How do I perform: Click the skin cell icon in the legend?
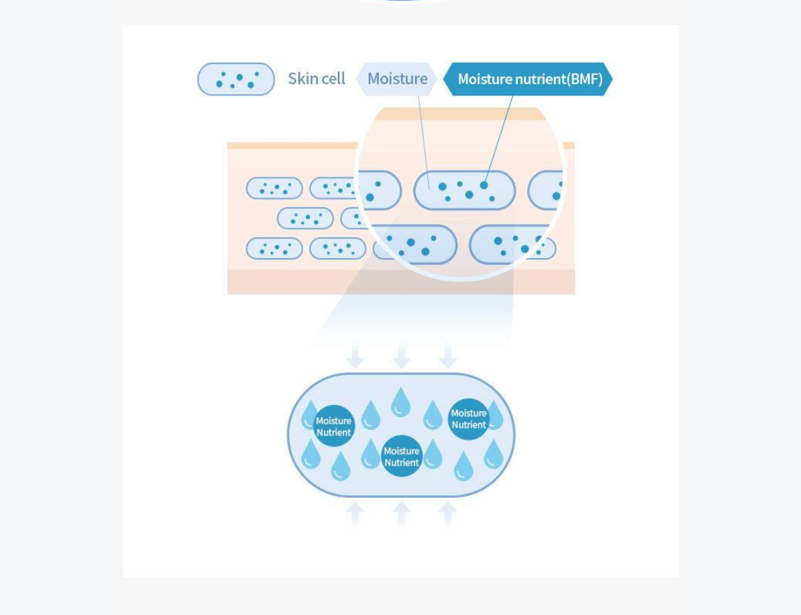pyautogui.click(x=236, y=79)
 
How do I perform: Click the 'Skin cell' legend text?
pyautogui.click(x=317, y=79)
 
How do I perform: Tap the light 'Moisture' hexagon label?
pyautogui.click(x=397, y=79)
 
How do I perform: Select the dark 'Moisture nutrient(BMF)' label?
pyautogui.click(x=528, y=79)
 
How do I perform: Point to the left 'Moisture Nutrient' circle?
pyautogui.click(x=334, y=426)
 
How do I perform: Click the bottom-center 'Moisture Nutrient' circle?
pyautogui.click(x=401, y=456)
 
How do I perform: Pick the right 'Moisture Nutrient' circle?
pyautogui.click(x=469, y=419)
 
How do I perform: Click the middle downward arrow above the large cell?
pyautogui.click(x=401, y=356)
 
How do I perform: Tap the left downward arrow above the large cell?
pyautogui.click(x=355, y=356)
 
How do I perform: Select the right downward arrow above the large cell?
pyautogui.click(x=448, y=356)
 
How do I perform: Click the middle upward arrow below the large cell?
pyautogui.click(x=401, y=513)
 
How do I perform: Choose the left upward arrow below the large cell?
pyautogui.click(x=355, y=513)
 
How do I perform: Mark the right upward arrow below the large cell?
pyautogui.click(x=448, y=513)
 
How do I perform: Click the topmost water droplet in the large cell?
pyautogui.click(x=400, y=403)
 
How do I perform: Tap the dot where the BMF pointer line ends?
pyautogui.click(x=484, y=185)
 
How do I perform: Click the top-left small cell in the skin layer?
pyautogui.click(x=275, y=188)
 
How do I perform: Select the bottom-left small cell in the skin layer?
pyautogui.click(x=275, y=248)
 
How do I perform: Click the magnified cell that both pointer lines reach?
pyautogui.click(x=464, y=190)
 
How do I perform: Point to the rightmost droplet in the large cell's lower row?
pyautogui.click(x=494, y=454)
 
